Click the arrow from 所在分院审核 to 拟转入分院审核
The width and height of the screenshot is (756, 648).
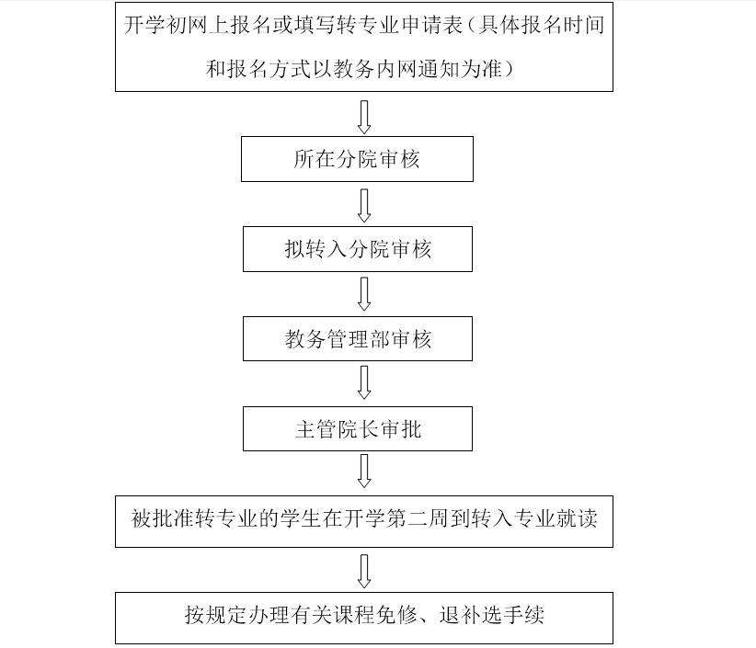coord(364,205)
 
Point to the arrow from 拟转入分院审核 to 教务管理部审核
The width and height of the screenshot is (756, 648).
coord(364,294)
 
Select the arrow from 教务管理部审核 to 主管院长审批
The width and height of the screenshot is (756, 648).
coord(364,382)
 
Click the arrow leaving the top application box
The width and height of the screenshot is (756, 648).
coord(364,117)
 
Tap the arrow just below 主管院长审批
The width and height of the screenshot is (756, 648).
coord(364,471)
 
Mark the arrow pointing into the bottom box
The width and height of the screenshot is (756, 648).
coord(364,572)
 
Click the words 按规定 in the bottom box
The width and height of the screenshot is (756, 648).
coord(216,615)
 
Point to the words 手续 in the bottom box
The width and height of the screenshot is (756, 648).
coord(524,615)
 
